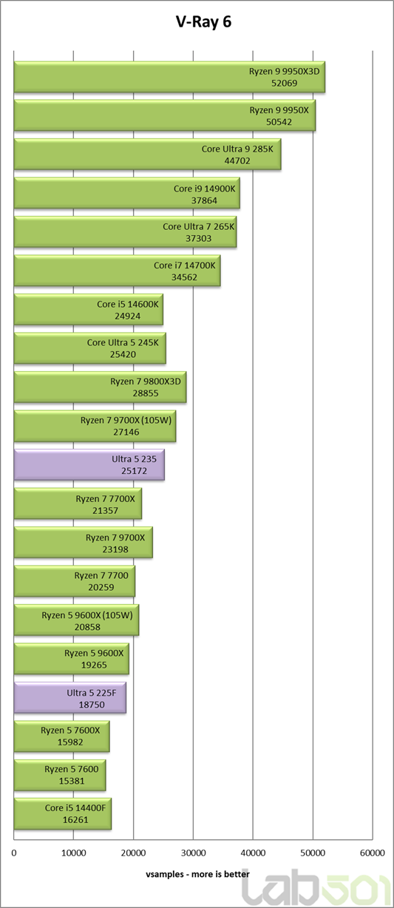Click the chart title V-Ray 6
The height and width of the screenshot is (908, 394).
[x=203, y=22]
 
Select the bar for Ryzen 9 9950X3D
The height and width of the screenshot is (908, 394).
[x=169, y=77]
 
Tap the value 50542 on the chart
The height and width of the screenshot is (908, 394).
[x=279, y=121]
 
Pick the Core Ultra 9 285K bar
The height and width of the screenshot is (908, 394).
[x=148, y=154]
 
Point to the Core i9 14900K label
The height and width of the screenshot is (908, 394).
[x=204, y=189]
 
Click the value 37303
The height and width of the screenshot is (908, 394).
[x=199, y=238]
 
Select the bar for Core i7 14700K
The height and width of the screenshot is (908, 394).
[x=117, y=271]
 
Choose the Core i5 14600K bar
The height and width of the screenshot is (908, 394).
[x=89, y=309]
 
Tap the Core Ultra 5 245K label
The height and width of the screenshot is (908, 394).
[x=123, y=342]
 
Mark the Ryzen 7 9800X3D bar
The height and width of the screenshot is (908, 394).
[x=100, y=387]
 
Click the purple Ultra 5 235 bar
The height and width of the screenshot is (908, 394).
[x=89, y=464]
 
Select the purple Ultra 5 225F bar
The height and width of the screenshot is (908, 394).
[x=70, y=697]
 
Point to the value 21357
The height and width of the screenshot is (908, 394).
[x=106, y=510]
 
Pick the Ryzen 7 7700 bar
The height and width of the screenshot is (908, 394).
[x=75, y=581]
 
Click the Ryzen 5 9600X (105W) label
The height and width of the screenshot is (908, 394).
[x=87, y=615]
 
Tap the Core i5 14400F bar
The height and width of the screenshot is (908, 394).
[x=63, y=813]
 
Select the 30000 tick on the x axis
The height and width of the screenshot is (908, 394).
[x=193, y=853]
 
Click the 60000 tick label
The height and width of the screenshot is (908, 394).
[x=372, y=853]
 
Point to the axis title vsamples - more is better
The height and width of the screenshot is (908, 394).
[x=198, y=874]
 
